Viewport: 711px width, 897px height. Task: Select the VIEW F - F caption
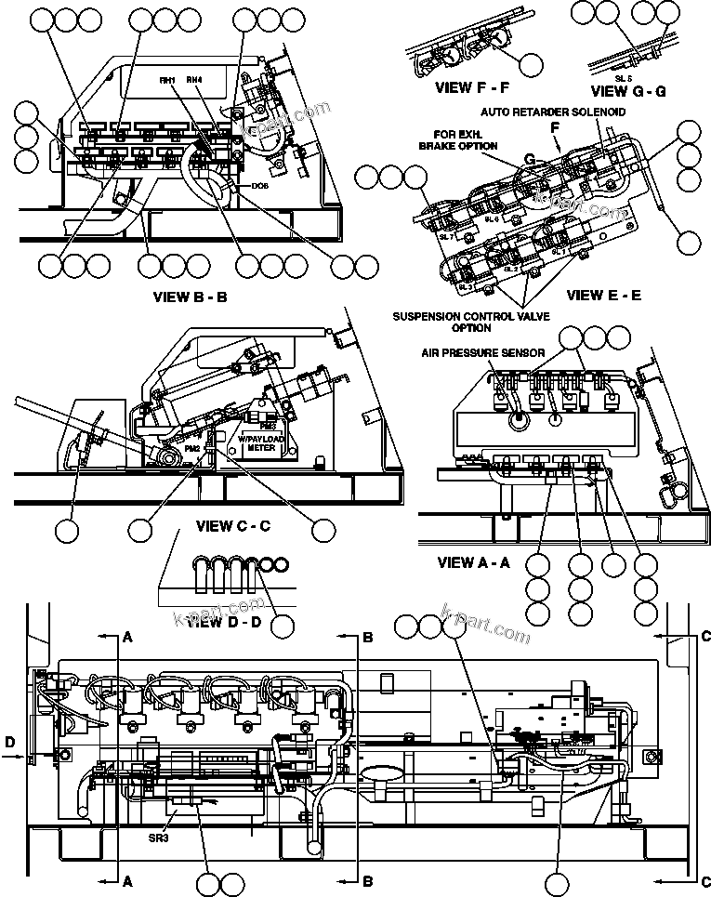coord(471,88)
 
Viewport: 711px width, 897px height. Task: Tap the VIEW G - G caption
coord(629,90)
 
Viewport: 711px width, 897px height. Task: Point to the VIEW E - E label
coord(603,296)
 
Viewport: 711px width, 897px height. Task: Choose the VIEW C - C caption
coord(232,526)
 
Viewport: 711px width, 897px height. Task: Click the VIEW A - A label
coord(474,561)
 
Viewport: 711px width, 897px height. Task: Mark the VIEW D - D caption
coord(223,622)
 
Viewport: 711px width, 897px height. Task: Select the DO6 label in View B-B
coord(261,185)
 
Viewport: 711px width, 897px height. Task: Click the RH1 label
coord(167,81)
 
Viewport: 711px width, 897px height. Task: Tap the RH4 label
coord(194,81)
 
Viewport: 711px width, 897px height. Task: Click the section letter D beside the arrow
coord(9,743)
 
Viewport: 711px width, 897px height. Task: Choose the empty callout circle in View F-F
coord(531,63)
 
